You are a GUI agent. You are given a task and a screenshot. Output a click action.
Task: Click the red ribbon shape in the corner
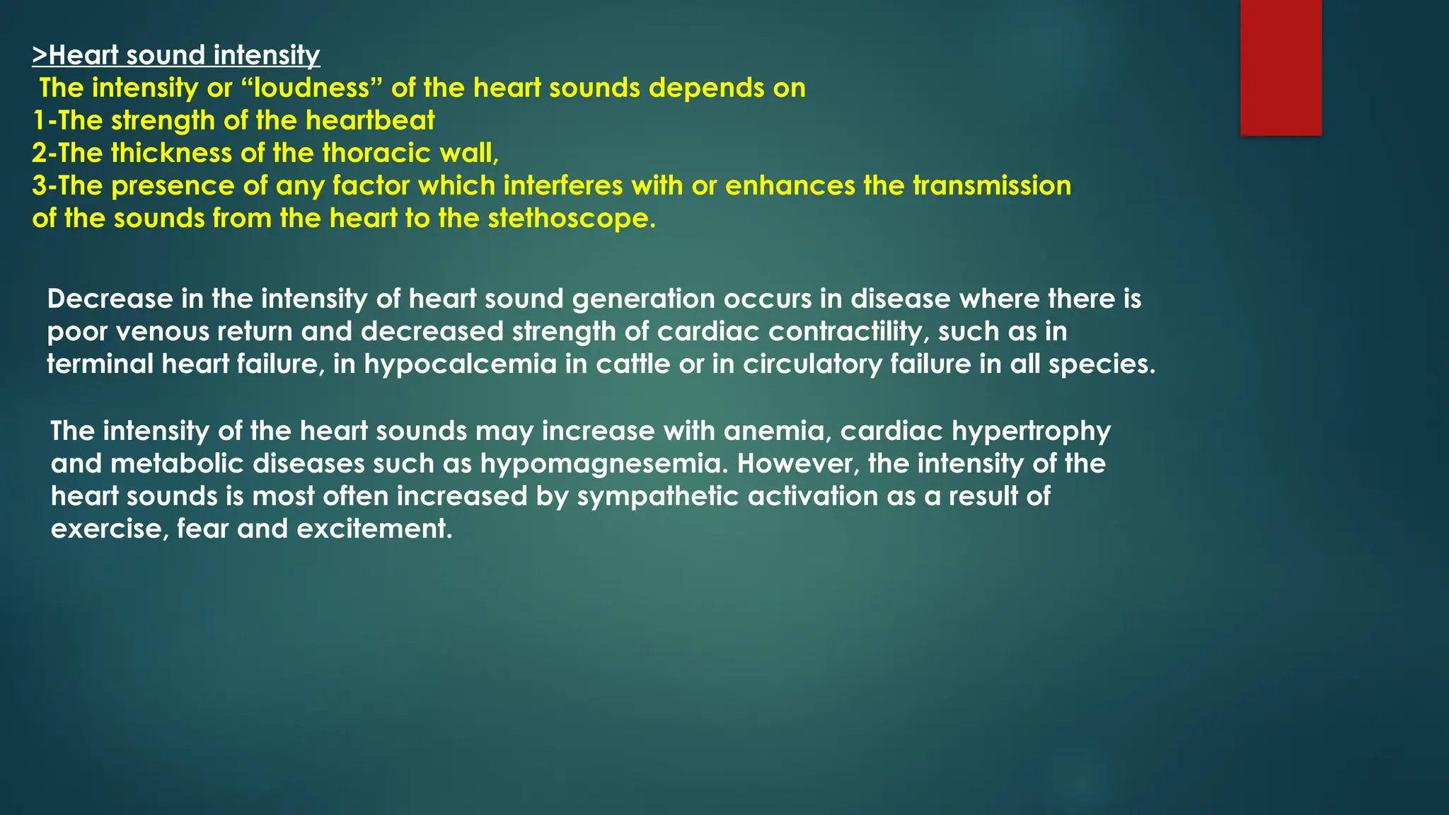[x=1281, y=67]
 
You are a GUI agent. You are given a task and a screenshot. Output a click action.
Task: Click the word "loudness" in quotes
[x=311, y=88]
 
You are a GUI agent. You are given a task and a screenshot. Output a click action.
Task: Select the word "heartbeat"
[x=370, y=121]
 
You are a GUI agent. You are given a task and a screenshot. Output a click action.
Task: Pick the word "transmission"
[x=991, y=186]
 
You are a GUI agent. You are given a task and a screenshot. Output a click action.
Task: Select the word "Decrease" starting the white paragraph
[x=110, y=299]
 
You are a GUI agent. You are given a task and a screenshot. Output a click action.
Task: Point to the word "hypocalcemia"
[x=461, y=364]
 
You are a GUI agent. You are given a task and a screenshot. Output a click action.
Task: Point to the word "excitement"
[x=374, y=529]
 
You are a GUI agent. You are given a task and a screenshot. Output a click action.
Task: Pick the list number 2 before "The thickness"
[x=39, y=154]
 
